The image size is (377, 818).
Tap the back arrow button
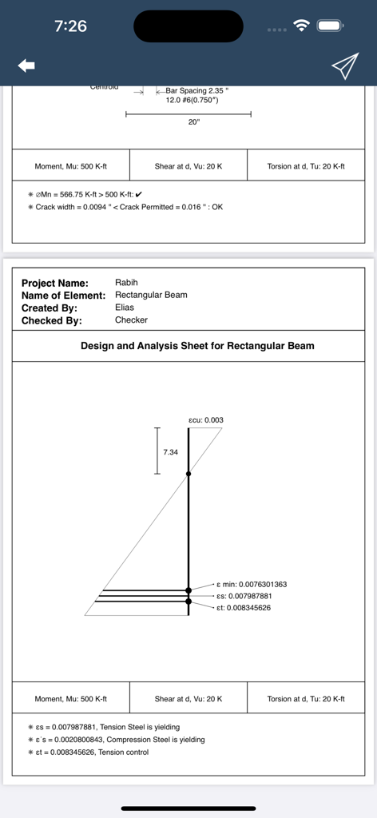point(26,66)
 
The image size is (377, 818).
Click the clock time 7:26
point(70,26)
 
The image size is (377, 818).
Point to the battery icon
point(330,26)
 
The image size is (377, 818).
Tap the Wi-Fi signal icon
point(301,26)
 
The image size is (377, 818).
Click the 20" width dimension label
point(194,122)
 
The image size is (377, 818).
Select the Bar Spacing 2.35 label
point(196,91)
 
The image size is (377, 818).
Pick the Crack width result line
point(129,207)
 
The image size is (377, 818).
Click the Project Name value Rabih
point(127,283)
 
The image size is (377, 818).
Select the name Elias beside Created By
point(125,308)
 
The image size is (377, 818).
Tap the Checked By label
point(52,320)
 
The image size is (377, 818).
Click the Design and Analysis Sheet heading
point(197,346)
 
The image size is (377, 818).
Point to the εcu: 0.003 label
point(206,419)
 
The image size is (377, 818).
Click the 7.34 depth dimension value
point(170,452)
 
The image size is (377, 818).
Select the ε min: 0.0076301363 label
point(252,584)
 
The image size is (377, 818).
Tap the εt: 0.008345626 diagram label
point(244,608)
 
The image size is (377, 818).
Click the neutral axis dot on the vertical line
point(188,475)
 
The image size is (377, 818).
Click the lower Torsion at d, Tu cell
point(306,699)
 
